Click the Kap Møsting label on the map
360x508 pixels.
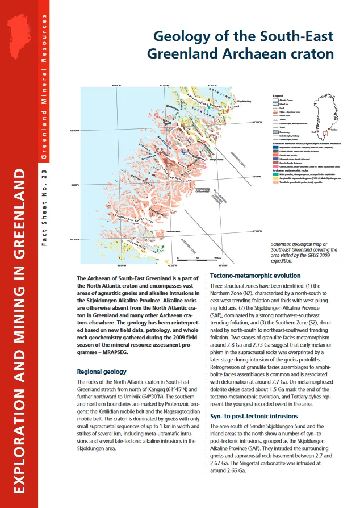(244, 98)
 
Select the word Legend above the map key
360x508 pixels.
(278, 96)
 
